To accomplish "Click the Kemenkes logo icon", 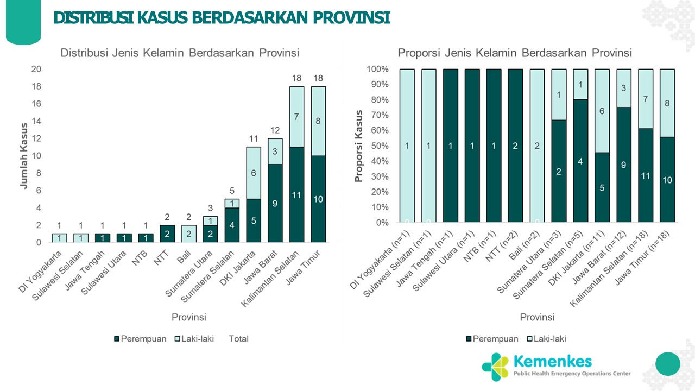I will click(495, 367).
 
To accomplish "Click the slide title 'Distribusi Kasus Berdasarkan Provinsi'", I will click(222, 18).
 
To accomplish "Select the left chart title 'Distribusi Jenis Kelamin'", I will click(180, 53).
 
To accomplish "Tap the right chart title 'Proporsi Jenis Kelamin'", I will click(515, 53).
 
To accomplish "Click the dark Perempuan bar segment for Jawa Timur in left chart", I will click(318, 199).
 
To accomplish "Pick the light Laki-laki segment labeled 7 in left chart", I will click(296, 116).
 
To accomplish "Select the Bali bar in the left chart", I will click(188, 234).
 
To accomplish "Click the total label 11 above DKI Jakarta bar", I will click(253, 138).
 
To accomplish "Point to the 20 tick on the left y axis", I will click(36, 70).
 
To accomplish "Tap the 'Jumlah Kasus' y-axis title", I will click(23, 156).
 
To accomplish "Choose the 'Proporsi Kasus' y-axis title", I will click(358, 146).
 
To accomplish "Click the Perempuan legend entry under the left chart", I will click(141, 339).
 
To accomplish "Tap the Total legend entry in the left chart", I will click(238, 339).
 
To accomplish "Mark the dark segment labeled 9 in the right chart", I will click(624, 165).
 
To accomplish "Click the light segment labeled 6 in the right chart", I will click(602, 111).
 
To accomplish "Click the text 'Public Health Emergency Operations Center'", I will click(572, 374).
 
